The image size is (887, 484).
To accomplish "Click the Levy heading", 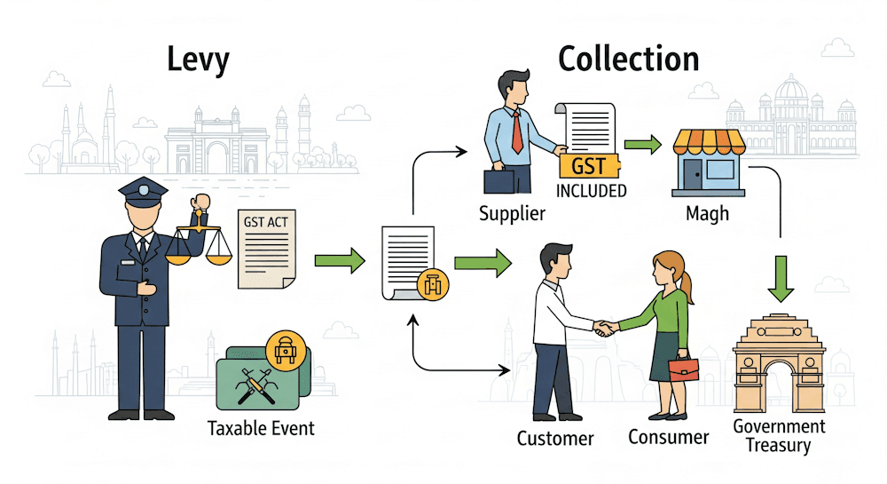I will pyautogui.click(x=199, y=60).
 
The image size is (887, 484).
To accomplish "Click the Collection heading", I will pyautogui.click(x=628, y=60).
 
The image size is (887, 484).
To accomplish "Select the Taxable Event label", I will pyautogui.click(x=261, y=428).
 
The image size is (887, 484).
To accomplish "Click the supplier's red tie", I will pyautogui.click(x=516, y=134).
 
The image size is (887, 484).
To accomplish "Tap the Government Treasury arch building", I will pyautogui.click(x=778, y=364).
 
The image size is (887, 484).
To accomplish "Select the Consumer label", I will pyautogui.click(x=669, y=437).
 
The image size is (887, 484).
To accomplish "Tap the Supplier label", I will pyautogui.click(x=512, y=214).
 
